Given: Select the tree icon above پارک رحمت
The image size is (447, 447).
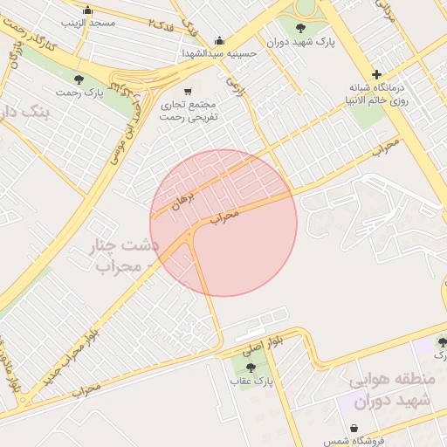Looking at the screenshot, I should click(x=79, y=79).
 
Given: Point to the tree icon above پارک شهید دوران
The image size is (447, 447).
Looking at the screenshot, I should click(x=299, y=28).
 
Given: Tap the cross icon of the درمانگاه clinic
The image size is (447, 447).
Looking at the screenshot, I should click(x=376, y=75).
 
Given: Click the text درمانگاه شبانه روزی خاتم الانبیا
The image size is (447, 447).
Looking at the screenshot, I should click(x=377, y=93).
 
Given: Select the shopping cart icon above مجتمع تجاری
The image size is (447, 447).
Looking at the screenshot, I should click(x=187, y=91).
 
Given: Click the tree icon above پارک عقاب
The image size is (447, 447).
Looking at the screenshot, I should click(x=251, y=368).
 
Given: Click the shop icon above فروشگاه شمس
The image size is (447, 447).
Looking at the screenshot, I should click(x=354, y=429).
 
